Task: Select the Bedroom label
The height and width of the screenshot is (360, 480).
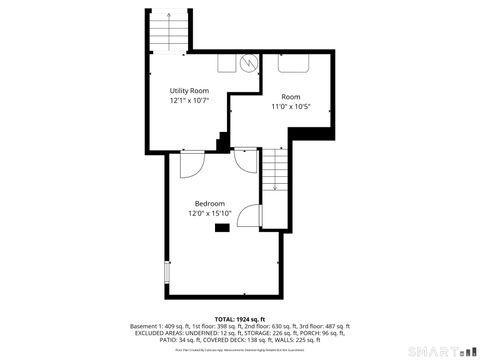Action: pos(209,204)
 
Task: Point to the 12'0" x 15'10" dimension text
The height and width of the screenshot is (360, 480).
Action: pos(209,213)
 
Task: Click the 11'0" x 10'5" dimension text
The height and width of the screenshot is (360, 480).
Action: pos(291,106)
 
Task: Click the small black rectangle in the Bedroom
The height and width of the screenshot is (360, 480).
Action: pos(221,228)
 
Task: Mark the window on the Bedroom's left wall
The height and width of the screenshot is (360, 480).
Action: pos(166,272)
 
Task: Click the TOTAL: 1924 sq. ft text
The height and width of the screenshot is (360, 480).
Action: pos(240,319)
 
